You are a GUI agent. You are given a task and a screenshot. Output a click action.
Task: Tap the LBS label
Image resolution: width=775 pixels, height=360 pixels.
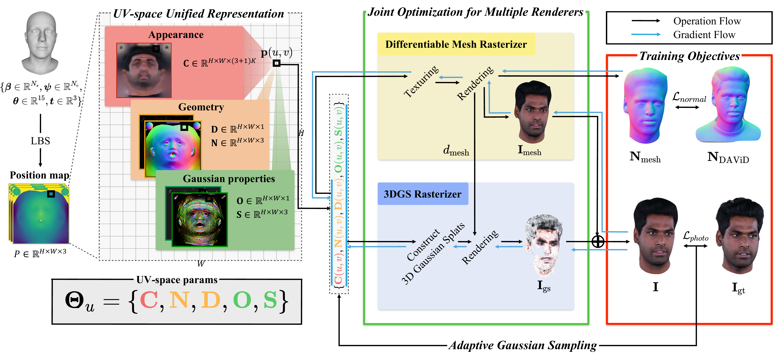tap(40, 141)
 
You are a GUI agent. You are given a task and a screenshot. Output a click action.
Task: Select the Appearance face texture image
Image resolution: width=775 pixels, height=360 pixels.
tap(144, 70)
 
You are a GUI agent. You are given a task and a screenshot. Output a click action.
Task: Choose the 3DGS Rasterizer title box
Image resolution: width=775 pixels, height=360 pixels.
tap(423, 194)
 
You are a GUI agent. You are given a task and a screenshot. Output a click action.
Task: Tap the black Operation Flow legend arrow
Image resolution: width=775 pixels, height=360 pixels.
tap(646, 21)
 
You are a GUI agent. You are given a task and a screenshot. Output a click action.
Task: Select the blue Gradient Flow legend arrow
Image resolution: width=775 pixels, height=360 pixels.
tap(646, 34)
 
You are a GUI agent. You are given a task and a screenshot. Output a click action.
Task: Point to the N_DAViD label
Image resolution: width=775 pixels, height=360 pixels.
tap(728, 157)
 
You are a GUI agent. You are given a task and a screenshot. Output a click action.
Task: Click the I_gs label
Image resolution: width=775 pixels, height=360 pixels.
tap(544, 286)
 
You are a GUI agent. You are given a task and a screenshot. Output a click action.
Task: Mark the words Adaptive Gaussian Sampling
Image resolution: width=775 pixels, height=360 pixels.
tap(523, 345)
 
